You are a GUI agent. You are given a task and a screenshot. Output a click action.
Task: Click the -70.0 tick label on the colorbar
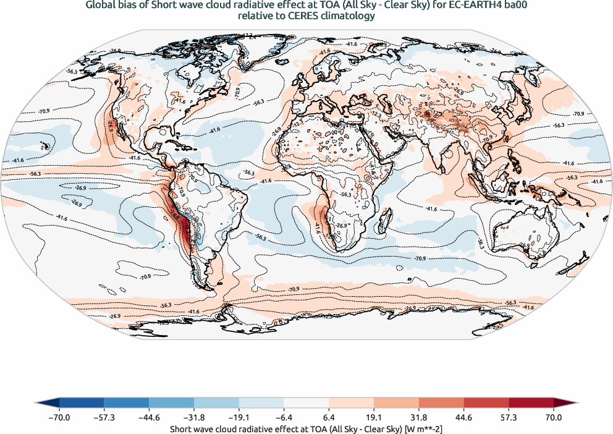59,418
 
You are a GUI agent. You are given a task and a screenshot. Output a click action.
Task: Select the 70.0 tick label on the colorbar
554,418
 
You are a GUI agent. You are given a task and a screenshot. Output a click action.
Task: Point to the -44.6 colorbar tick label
149,418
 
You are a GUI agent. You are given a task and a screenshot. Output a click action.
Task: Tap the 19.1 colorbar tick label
374,418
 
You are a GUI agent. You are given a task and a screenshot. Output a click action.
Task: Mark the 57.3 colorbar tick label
509,418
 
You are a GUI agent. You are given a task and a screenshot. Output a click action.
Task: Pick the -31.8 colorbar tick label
194,418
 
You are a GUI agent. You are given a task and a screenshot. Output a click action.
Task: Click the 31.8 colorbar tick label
419,418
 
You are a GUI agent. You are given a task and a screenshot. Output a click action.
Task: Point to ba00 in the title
517,6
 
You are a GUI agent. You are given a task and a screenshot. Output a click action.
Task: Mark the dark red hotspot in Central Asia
426,114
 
